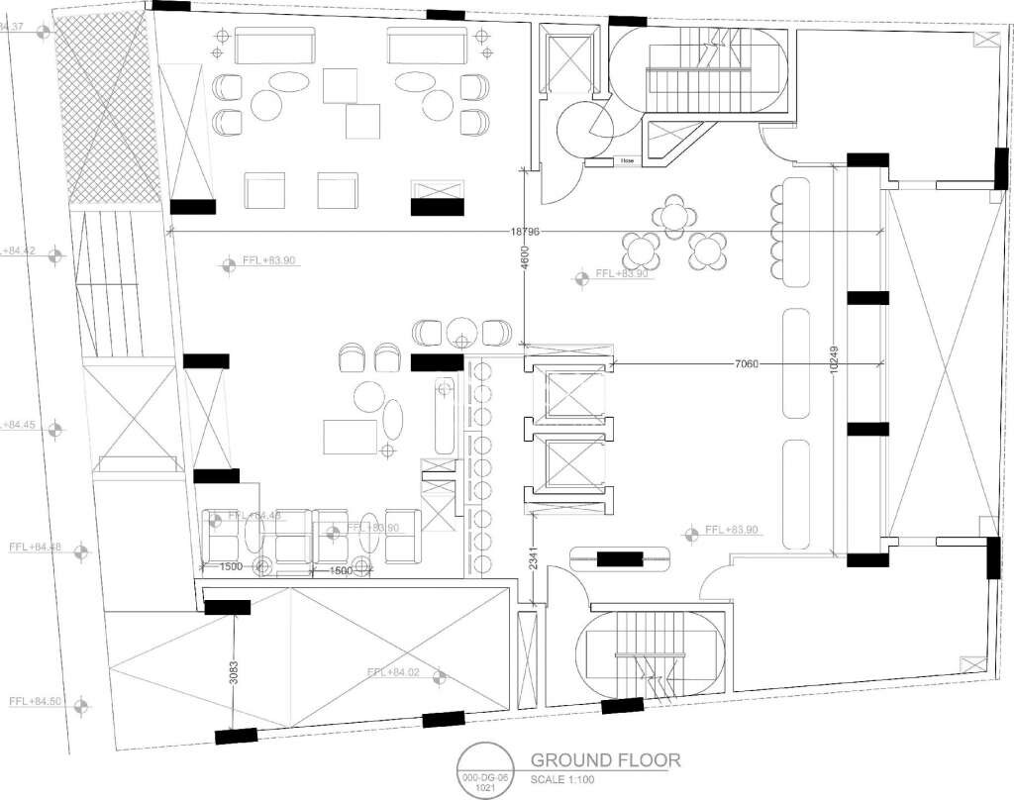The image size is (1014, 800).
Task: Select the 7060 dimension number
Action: tap(746, 364)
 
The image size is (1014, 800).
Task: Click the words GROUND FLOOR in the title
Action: tap(606, 760)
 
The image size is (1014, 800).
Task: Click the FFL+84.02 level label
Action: tap(393, 672)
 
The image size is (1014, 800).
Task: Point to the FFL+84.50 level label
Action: tap(36, 701)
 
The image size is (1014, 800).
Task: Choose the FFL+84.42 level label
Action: tap(20, 251)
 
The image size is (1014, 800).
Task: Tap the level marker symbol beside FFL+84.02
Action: tap(439, 678)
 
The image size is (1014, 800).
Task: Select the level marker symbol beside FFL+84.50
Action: tap(82, 704)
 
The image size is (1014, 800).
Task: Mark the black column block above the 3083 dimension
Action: tap(227, 607)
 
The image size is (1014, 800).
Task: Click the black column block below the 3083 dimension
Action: tap(236, 736)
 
